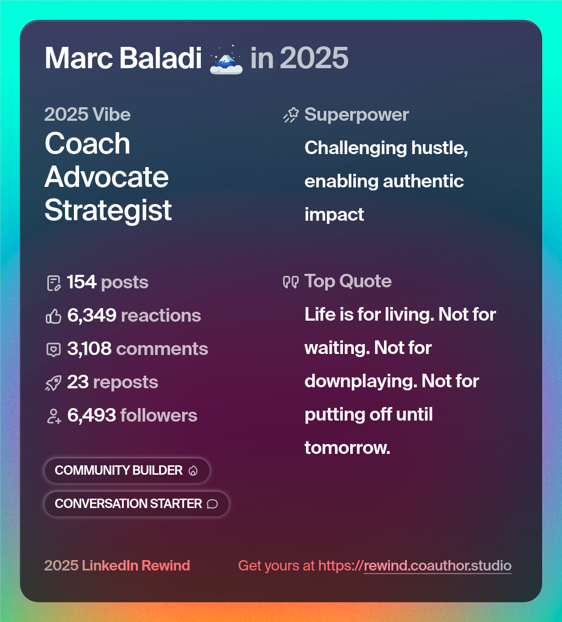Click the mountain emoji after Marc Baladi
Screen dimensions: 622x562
click(226, 59)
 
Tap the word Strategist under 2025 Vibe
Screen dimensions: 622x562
click(108, 210)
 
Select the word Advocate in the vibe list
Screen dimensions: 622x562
click(107, 177)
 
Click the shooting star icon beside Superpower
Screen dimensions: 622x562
click(291, 115)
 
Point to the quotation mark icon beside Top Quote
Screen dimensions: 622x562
click(291, 282)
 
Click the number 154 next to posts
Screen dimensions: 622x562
click(82, 282)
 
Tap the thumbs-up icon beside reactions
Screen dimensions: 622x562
click(54, 316)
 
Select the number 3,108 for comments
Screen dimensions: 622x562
click(89, 349)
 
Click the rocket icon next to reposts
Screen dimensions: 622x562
click(54, 383)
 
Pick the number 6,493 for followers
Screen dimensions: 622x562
click(92, 415)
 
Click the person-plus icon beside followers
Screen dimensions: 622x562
click(54, 416)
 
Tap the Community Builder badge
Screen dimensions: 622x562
click(126, 471)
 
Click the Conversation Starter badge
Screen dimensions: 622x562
click(136, 504)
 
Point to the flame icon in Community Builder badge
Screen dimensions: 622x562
click(193, 471)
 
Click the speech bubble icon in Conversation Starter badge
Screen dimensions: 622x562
click(212, 504)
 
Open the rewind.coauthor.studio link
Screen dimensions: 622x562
click(437, 566)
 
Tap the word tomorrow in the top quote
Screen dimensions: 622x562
click(347, 448)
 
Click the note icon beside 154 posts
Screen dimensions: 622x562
click(54, 283)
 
